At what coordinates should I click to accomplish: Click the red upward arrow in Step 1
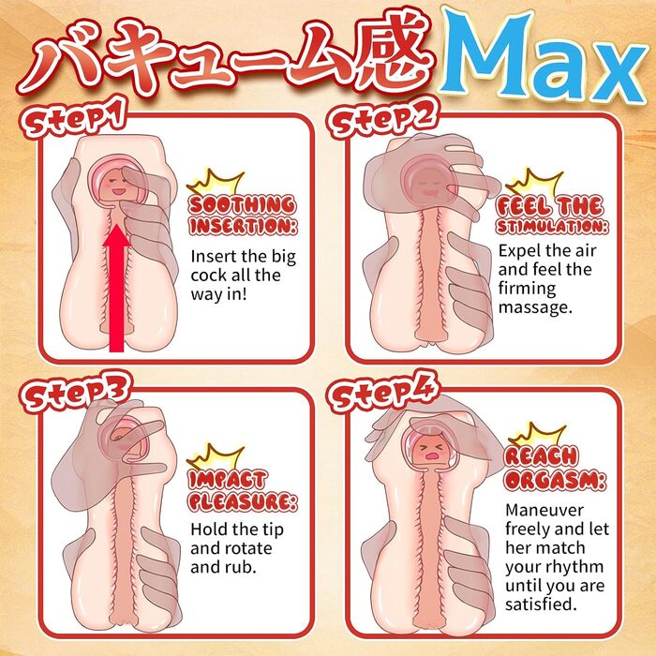pos(117,288)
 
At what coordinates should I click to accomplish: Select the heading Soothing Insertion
pos(243,215)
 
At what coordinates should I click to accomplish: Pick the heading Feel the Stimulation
pos(551,215)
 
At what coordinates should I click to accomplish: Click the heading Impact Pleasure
pos(243,491)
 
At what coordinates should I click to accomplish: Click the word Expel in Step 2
pos(518,251)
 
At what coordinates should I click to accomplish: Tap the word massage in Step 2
pos(535,308)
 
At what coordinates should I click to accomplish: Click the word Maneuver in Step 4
pos(544,511)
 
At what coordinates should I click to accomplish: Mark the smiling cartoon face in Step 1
pos(117,186)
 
